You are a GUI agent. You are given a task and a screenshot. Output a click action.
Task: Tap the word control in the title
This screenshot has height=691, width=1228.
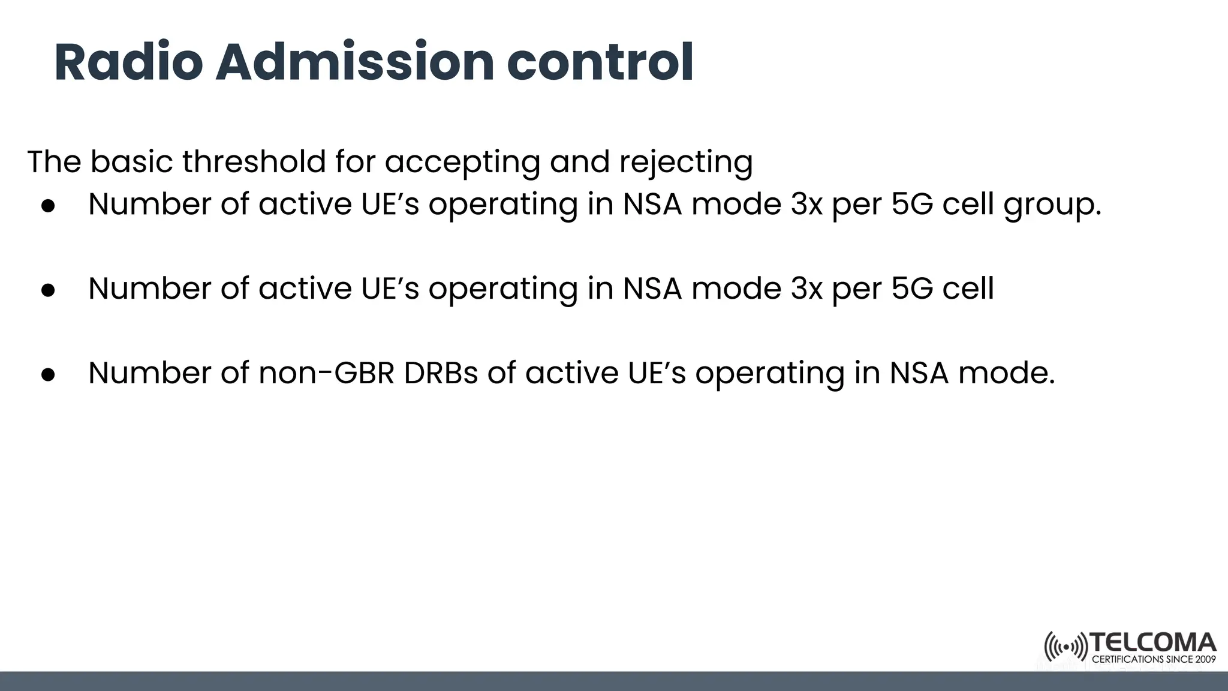click(600, 62)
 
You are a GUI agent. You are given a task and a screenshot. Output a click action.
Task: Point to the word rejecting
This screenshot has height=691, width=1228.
click(685, 163)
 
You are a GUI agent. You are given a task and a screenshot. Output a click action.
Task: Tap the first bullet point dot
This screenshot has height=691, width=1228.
click(48, 206)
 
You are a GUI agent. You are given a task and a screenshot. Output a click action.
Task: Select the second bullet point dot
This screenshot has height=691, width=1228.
click(48, 290)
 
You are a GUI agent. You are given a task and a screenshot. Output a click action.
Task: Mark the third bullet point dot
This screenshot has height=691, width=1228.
click(48, 375)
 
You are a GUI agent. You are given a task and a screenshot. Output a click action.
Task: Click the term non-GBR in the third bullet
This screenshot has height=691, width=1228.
click(326, 372)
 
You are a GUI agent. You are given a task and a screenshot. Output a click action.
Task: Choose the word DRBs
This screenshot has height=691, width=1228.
click(441, 372)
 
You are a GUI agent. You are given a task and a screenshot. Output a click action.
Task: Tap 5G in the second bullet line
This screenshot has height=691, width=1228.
click(912, 289)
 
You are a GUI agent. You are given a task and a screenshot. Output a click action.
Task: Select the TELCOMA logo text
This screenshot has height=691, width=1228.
click(1152, 643)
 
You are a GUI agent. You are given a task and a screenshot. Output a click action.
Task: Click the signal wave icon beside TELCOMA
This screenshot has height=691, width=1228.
click(1066, 647)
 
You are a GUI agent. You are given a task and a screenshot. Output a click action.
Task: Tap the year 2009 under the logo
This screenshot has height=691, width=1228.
click(1205, 659)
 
